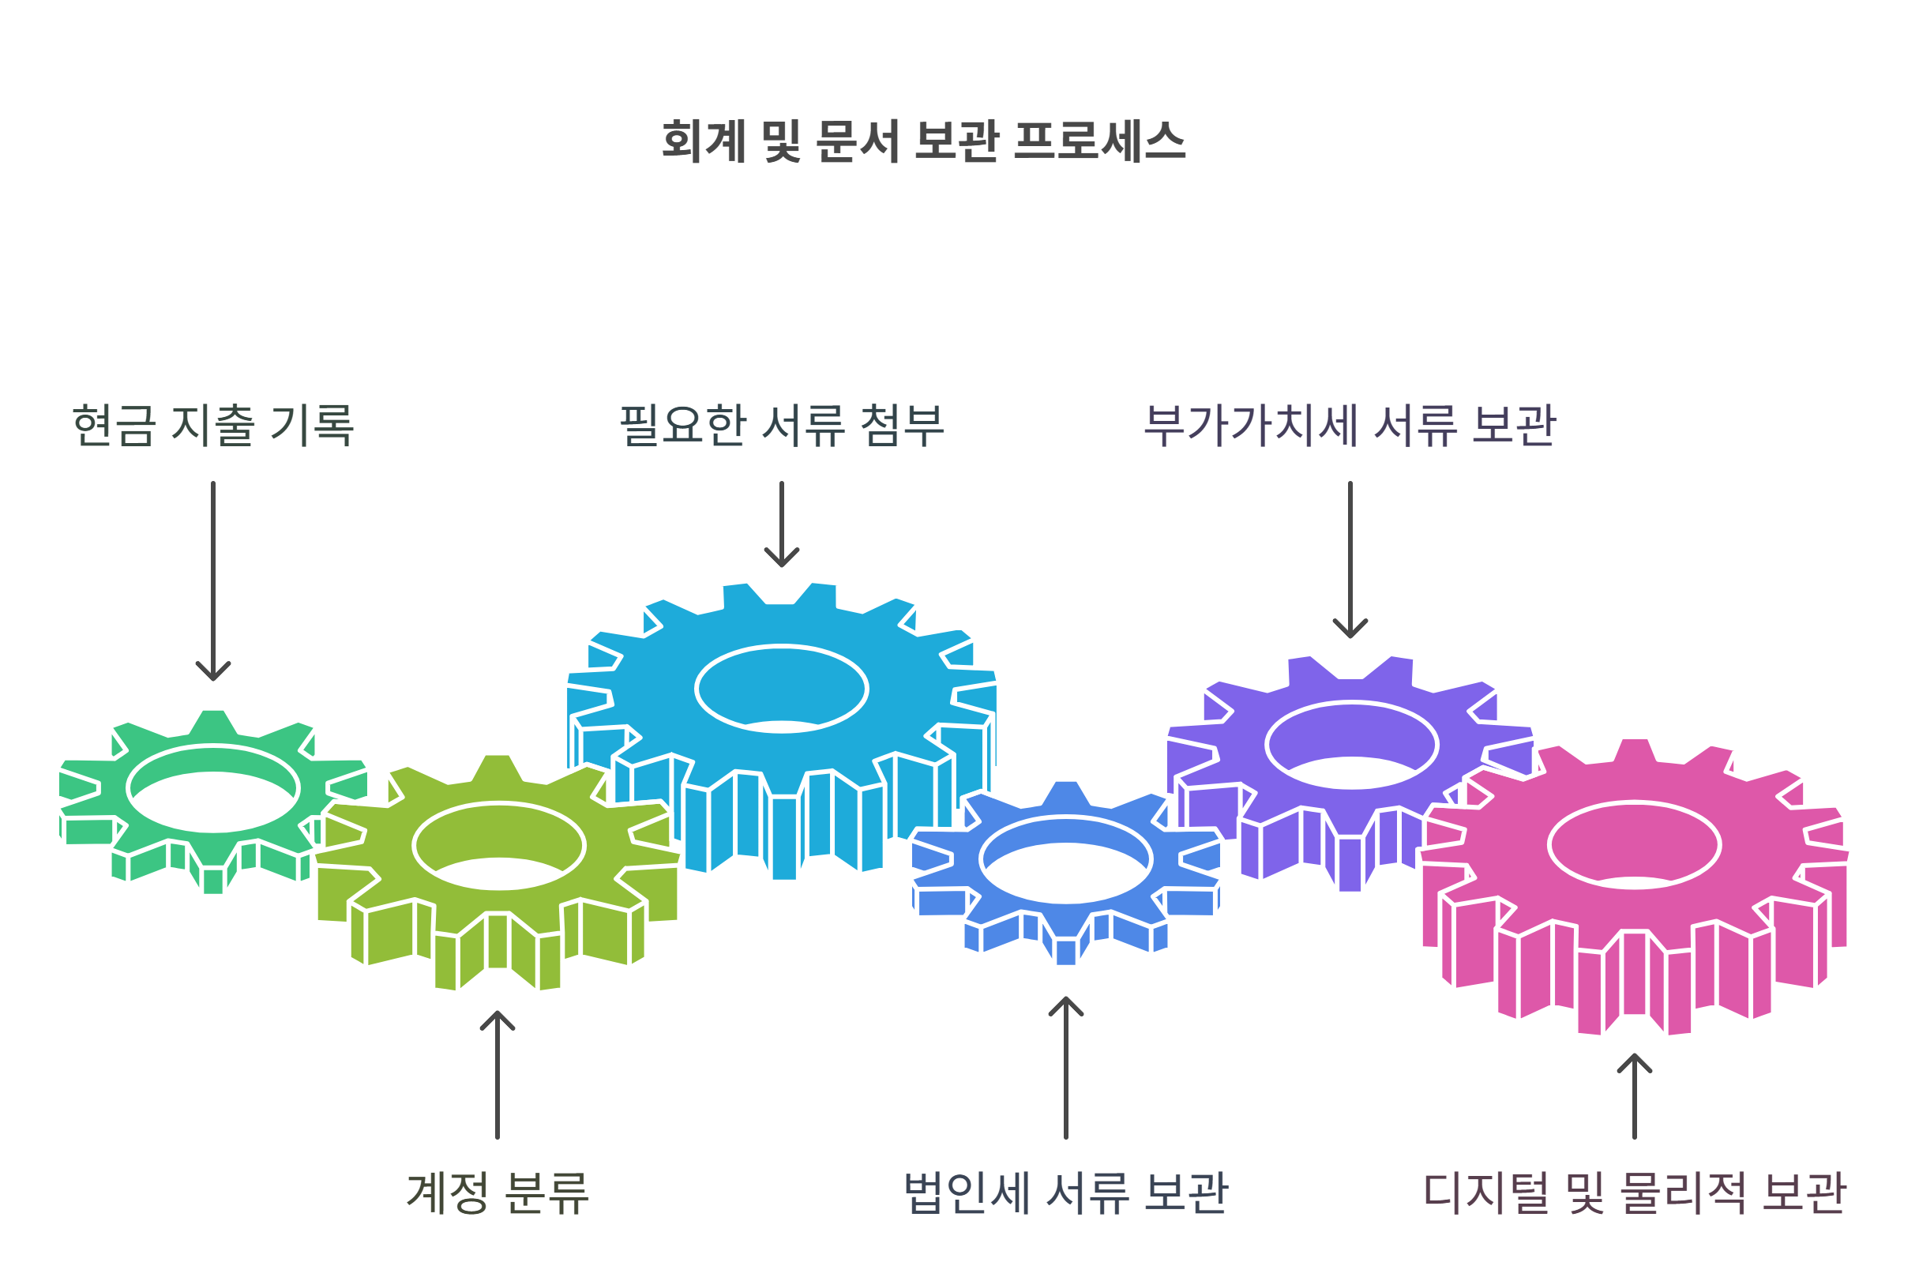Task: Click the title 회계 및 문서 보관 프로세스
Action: [923, 141]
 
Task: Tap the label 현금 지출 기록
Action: [213, 426]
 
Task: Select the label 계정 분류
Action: [498, 1193]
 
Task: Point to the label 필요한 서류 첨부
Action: [782, 426]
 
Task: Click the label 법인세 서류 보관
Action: [1065, 1193]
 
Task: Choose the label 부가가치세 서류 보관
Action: [1350, 426]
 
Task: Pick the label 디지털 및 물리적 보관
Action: [1634, 1193]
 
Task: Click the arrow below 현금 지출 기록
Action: [213, 580]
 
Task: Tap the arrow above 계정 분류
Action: [498, 1074]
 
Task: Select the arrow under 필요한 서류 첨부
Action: [782, 524]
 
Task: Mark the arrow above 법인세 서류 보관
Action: [1065, 1067]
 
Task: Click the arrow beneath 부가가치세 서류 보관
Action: [1350, 560]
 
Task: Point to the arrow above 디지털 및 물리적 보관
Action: [1634, 1095]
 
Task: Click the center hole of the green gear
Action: [213, 789]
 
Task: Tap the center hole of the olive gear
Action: [499, 846]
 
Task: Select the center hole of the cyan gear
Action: [782, 689]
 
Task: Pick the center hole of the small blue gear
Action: [1065, 859]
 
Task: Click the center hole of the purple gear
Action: [1351, 745]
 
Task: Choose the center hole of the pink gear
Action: [1634, 846]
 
